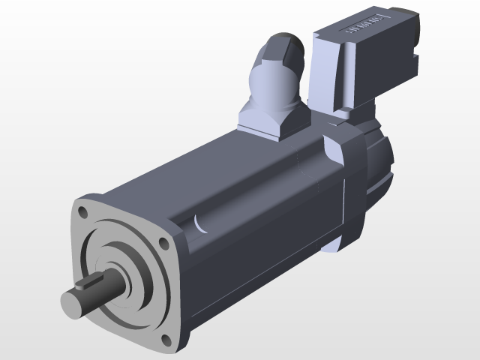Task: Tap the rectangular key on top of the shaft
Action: [x=94, y=283]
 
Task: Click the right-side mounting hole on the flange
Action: [x=164, y=243]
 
